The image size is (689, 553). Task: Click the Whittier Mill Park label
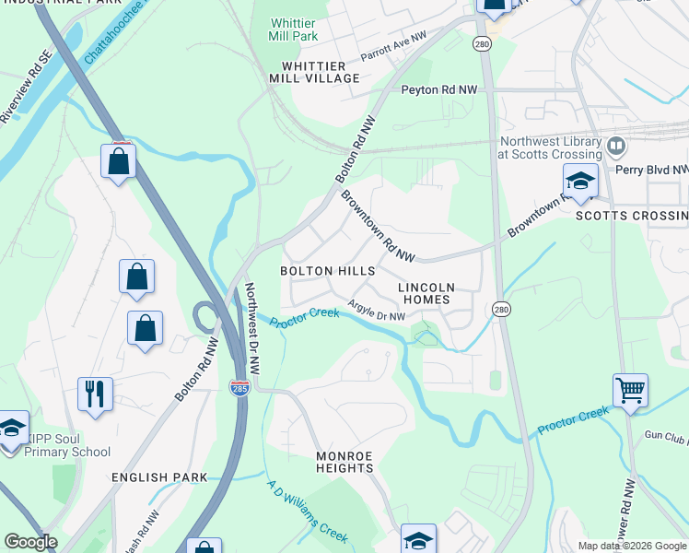[295, 29]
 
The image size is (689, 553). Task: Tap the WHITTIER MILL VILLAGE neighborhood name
[314, 73]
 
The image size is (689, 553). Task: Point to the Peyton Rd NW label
[439, 90]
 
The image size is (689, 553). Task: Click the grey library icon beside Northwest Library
[616, 145]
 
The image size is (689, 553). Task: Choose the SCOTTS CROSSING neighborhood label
[631, 216]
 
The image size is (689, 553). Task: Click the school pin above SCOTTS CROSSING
[580, 182]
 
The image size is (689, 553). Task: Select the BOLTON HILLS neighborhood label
[328, 271]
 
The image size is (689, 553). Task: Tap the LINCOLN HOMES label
[424, 293]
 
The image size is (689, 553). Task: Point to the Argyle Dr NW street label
[377, 312]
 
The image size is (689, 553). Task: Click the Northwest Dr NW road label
[252, 327]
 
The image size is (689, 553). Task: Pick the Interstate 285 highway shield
[239, 388]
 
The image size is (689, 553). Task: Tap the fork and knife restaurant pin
[95, 394]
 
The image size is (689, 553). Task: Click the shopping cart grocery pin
[630, 391]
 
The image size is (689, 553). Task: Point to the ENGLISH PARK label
[158, 477]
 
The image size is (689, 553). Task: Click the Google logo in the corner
[30, 542]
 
